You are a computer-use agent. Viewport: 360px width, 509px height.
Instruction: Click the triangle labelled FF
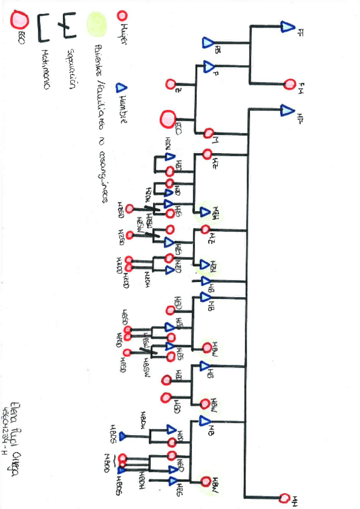(286, 26)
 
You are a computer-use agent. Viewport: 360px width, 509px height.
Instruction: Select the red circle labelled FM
(290, 83)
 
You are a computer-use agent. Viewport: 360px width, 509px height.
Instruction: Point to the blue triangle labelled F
(209, 65)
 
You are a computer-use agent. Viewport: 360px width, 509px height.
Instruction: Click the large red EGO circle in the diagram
(167, 119)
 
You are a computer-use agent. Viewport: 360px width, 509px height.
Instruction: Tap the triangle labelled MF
(286, 110)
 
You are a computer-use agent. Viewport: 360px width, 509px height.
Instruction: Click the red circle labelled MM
(285, 498)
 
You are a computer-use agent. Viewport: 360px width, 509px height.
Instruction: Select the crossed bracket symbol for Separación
(64, 25)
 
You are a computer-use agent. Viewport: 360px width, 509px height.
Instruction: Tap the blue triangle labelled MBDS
(121, 436)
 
